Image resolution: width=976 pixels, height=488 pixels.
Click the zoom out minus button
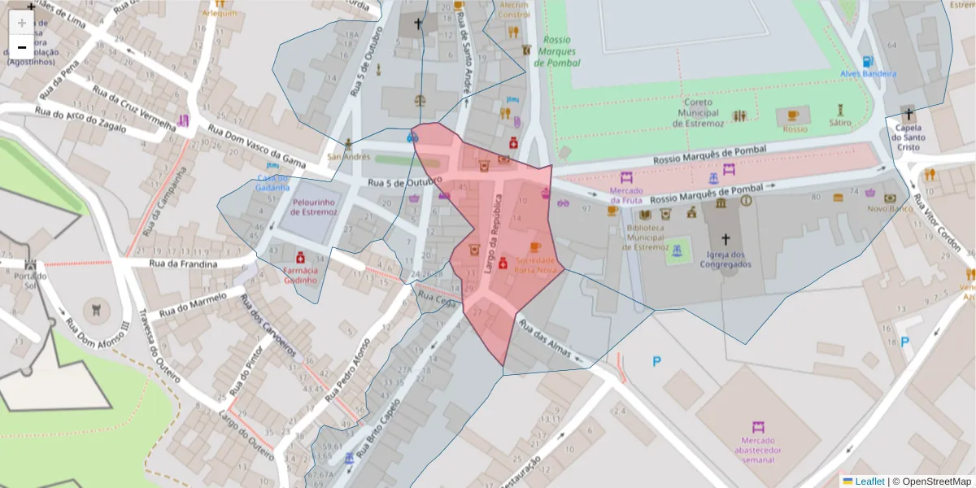[22, 47]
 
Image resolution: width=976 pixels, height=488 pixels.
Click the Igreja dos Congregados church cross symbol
[726, 240]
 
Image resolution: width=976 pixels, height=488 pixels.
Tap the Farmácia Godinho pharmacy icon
[300, 254]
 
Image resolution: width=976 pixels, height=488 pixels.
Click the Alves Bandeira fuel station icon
[868, 62]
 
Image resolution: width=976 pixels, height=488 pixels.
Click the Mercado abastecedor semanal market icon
[758, 427]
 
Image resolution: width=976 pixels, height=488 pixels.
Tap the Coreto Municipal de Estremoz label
[698, 113]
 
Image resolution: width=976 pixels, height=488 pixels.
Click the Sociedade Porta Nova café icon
[534, 246]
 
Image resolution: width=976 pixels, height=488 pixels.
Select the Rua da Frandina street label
[183, 264]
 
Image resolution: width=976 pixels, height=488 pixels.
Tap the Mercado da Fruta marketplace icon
[626, 177]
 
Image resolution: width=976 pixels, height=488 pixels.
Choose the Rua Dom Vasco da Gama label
[256, 146]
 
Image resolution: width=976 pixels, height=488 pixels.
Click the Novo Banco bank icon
[891, 197]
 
